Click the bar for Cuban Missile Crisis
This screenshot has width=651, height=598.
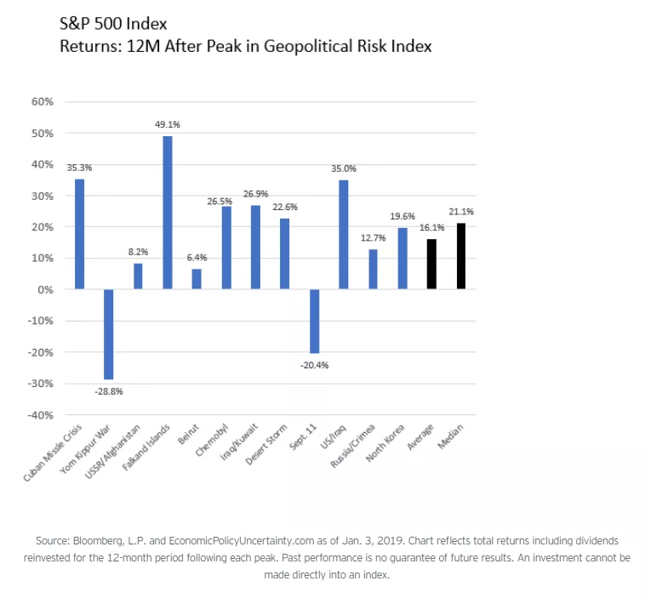(79, 234)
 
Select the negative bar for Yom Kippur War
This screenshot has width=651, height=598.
(109, 334)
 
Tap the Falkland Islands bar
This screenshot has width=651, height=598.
(168, 213)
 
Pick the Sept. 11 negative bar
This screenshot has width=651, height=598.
(314, 321)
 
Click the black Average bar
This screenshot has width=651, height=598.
(431, 264)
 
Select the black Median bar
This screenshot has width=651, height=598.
(460, 256)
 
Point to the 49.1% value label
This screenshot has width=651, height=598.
(168, 125)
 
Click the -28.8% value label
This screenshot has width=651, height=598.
(109, 391)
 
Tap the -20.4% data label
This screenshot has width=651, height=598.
(315, 365)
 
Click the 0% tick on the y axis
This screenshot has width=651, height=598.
(46, 290)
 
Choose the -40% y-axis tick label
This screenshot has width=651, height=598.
(42, 415)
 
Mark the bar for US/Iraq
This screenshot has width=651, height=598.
(344, 235)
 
